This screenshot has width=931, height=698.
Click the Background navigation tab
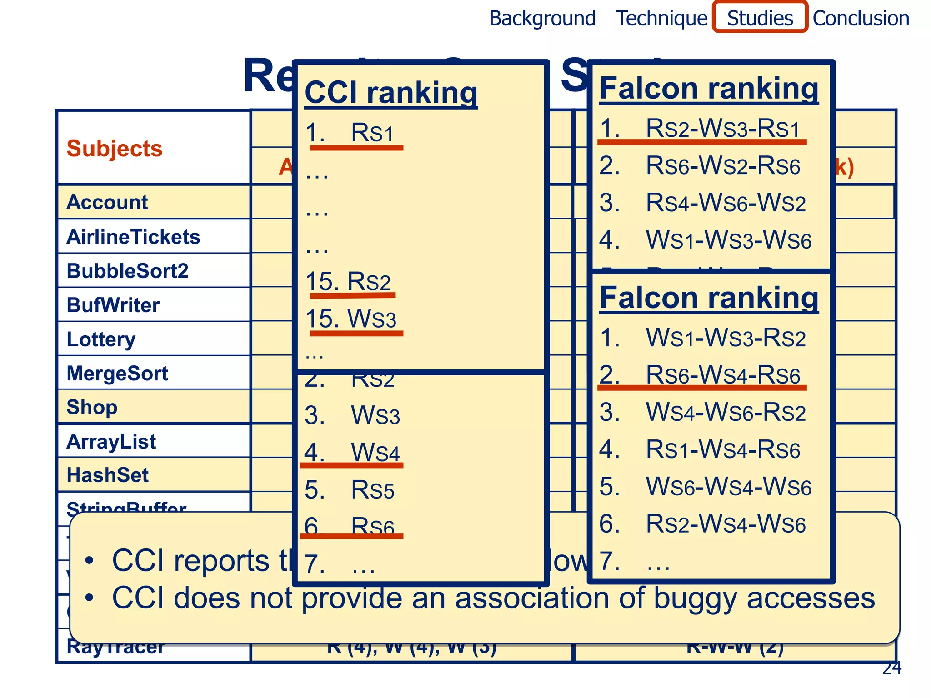click(542, 19)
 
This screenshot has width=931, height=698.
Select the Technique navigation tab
click(661, 19)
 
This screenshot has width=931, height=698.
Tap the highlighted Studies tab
click(760, 18)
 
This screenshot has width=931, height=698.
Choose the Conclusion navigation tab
click(861, 19)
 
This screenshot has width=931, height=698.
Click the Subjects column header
click(115, 149)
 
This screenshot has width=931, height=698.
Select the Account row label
click(107, 202)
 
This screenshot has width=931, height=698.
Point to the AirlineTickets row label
click(133, 237)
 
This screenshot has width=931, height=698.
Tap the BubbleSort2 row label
click(127, 271)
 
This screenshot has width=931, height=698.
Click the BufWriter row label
click(113, 305)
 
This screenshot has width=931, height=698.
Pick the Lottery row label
click(101, 339)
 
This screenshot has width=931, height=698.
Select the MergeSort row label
click(117, 374)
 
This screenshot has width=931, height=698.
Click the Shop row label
click(92, 407)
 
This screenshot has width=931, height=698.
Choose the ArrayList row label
click(111, 442)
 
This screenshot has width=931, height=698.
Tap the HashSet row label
click(108, 475)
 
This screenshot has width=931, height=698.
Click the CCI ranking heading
click(391, 93)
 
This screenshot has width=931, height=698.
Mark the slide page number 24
click(891, 668)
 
